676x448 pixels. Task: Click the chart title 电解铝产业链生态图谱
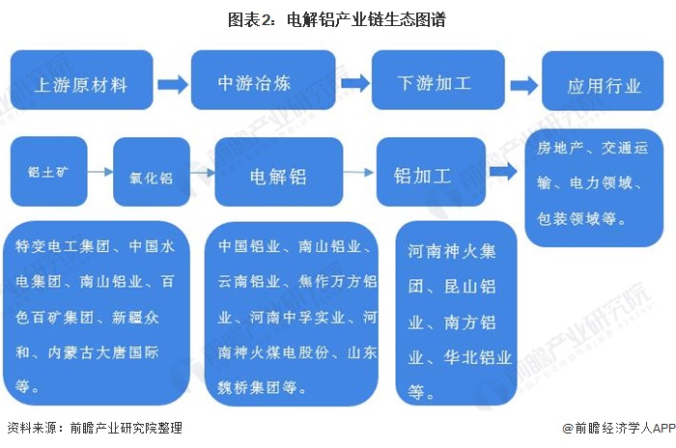(337, 19)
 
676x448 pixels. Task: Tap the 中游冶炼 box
(267, 80)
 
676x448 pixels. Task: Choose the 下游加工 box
(435, 82)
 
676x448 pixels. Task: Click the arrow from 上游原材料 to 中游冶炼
(173, 84)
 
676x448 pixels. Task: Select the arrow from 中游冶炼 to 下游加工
(355, 82)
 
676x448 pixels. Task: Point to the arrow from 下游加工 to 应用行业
(523, 84)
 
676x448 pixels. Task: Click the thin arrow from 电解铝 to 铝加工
(359, 173)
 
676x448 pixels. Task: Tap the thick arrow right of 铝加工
(503, 172)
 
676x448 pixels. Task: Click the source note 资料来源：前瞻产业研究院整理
(94, 428)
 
